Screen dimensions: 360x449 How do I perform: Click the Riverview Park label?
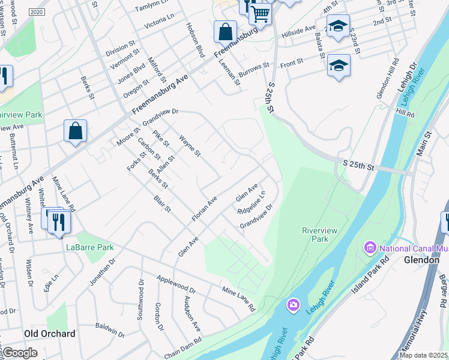(315, 234)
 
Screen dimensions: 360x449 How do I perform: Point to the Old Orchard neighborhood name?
(49, 334)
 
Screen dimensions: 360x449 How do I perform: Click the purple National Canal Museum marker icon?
(370, 247)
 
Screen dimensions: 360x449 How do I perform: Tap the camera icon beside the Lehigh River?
(293, 305)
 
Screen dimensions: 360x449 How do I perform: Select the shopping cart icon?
(261, 12)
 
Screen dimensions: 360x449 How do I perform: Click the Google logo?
(20, 353)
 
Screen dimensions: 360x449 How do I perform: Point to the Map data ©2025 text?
(424, 355)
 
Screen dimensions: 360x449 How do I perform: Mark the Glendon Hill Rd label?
(386, 78)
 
